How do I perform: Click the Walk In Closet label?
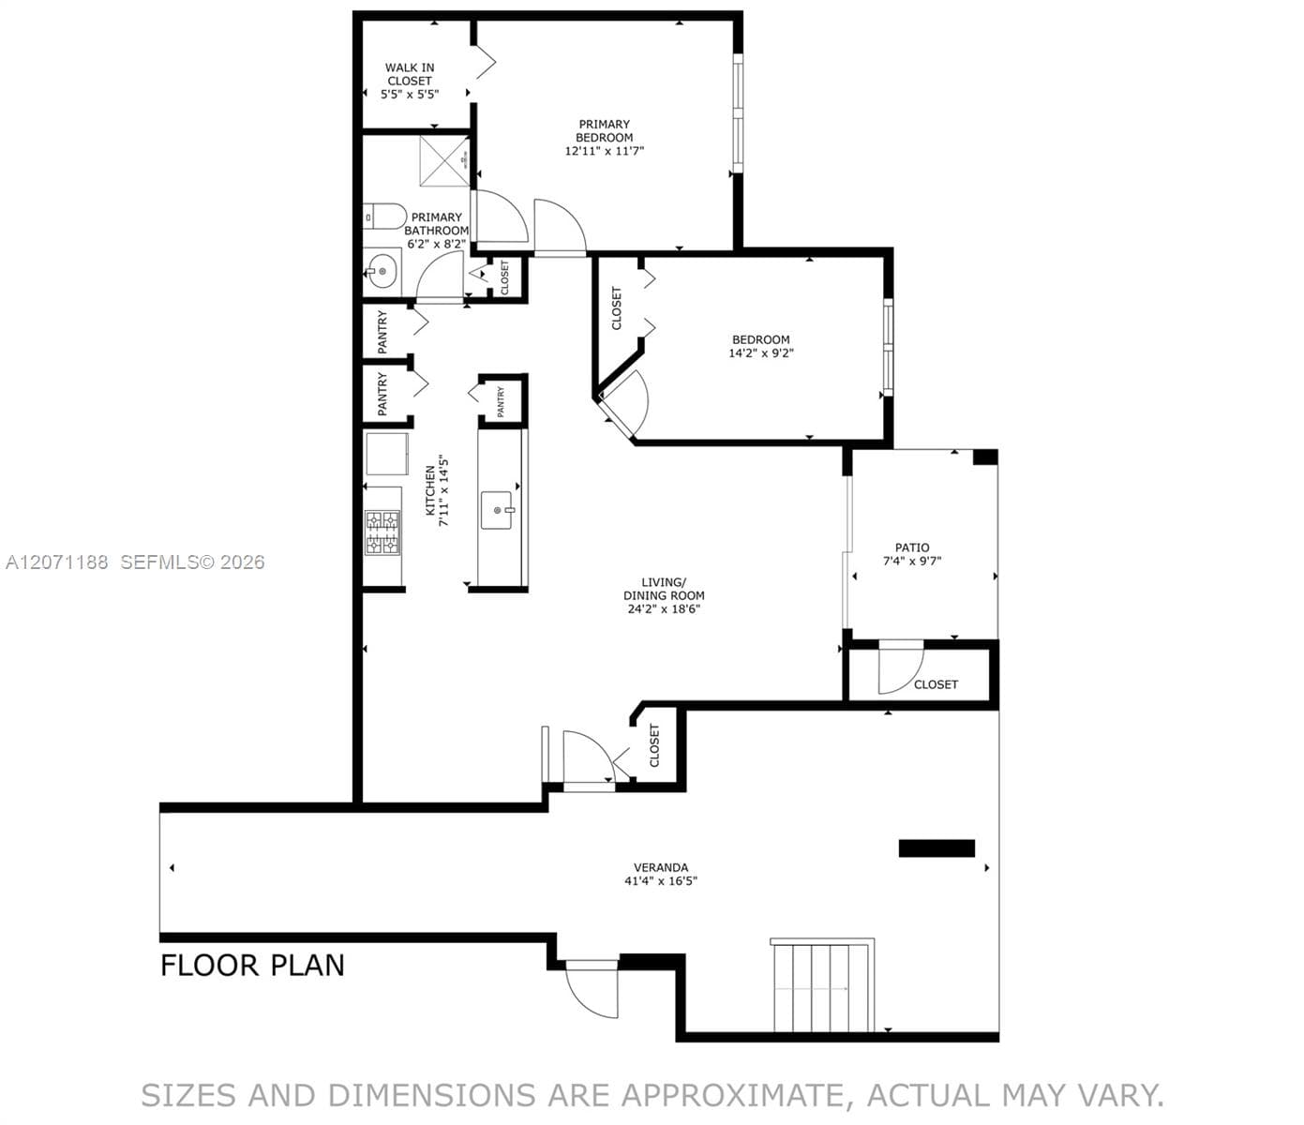(x=410, y=74)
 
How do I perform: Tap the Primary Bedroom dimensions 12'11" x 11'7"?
(x=605, y=151)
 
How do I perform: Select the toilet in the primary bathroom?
(x=385, y=217)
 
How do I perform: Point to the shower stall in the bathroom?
(x=444, y=161)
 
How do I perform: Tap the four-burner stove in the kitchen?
(x=382, y=532)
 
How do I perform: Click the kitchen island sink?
(x=497, y=510)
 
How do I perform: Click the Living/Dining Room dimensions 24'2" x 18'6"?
(x=664, y=608)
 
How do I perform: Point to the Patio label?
(x=912, y=547)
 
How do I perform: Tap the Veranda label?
(x=661, y=867)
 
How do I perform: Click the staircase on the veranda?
(x=823, y=985)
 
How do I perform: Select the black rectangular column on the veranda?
(x=937, y=848)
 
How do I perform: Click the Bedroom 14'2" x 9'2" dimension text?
(x=761, y=352)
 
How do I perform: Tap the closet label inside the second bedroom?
(x=616, y=307)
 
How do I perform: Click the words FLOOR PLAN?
(x=252, y=966)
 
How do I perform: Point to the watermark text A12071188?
(x=57, y=562)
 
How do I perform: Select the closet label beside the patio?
(x=937, y=684)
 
